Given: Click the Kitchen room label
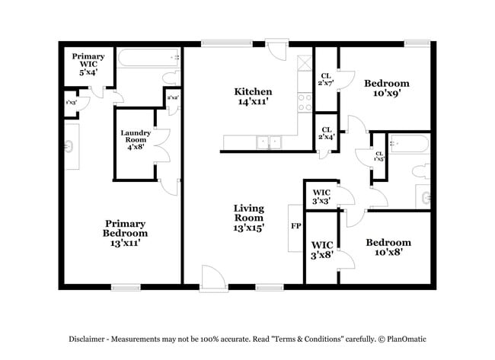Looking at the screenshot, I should tap(253, 96).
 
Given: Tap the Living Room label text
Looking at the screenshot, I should tap(248, 217).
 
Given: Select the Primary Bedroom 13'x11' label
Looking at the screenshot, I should tap(126, 233).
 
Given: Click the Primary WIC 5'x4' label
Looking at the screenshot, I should tap(88, 62).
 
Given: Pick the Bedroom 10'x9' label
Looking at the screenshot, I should tap(386, 88).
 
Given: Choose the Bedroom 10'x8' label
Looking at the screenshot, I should tap(388, 248).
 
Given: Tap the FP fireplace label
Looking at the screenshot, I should tap(295, 226).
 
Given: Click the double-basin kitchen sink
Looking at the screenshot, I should tap(268, 142).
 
